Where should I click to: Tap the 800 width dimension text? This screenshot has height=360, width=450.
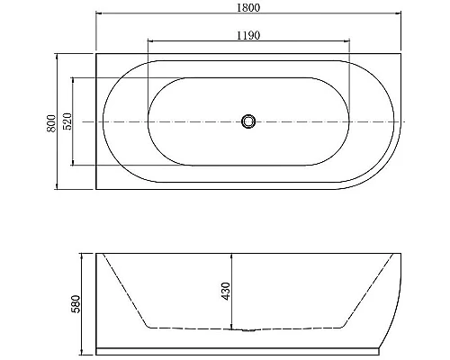point(53,121)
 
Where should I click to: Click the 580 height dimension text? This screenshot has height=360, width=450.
point(76,302)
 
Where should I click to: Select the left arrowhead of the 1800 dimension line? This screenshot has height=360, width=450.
point(98,14)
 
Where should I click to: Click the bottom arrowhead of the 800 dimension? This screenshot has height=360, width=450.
point(59,187)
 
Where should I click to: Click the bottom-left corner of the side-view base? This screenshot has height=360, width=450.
point(96,350)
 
